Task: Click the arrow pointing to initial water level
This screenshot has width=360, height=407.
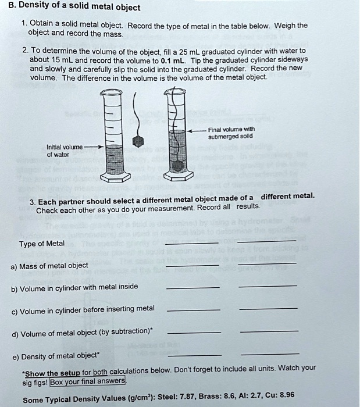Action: (x=94, y=147)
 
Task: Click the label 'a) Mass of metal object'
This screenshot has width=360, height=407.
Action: (x=49, y=266)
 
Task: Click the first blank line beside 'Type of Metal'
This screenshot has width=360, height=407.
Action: (x=192, y=242)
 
